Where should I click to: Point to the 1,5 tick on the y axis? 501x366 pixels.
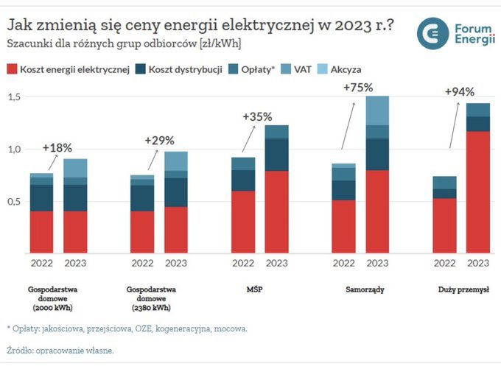point(15,97)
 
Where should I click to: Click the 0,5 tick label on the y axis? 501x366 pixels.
point(15,201)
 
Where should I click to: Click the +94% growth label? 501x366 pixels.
point(459,92)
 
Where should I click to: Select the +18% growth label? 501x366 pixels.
point(57,147)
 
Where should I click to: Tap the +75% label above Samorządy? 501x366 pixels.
point(358,87)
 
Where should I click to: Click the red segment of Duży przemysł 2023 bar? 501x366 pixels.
point(477,191)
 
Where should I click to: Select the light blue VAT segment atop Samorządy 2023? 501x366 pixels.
point(377,110)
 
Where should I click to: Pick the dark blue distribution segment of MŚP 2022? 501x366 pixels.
point(243,180)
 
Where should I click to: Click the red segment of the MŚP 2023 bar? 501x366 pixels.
point(277,211)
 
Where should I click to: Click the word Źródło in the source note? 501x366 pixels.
point(21,351)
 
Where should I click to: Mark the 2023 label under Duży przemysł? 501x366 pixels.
point(477,262)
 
